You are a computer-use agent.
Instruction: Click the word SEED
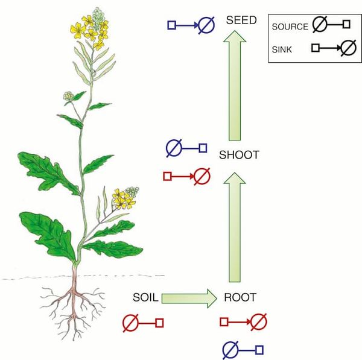tap(241, 20)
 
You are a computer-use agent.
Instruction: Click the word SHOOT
tap(239, 155)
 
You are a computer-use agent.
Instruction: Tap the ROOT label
tap(240, 297)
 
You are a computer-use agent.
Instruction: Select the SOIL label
tap(145, 297)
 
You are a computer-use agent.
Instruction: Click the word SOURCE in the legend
tap(290, 27)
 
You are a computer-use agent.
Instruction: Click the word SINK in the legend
tap(282, 49)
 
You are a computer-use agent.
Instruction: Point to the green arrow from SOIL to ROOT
tap(189, 298)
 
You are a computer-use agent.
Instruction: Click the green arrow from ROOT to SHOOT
tap(235, 227)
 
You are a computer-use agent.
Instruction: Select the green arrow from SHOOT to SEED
tap(235, 86)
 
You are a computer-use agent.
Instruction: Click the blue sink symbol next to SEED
tap(191, 25)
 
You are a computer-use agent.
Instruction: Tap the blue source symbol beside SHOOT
tap(186, 148)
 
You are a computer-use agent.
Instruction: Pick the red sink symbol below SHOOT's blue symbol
tap(187, 177)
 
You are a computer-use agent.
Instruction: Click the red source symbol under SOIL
tap(143, 323)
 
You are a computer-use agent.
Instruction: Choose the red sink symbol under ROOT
tap(244, 322)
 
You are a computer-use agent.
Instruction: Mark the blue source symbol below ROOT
tap(243, 350)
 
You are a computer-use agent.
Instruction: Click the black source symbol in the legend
tap(331, 24)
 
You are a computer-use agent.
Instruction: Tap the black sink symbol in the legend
tap(334, 48)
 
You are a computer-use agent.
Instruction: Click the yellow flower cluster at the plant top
tap(90, 31)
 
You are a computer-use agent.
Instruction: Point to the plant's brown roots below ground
tap(74, 309)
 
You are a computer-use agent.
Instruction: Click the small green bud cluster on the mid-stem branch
tap(68, 96)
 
